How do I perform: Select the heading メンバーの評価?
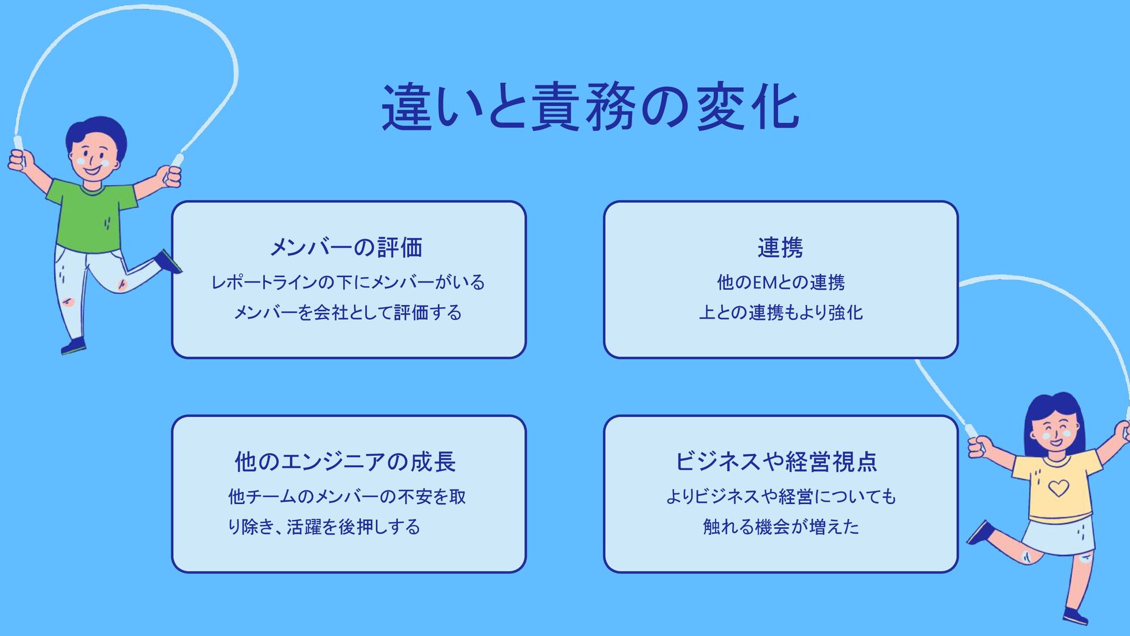(x=346, y=247)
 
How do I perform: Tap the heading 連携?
(x=780, y=247)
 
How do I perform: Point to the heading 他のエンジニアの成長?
(x=345, y=462)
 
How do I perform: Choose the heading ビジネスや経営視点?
(x=776, y=462)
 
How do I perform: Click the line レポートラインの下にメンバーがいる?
(x=348, y=283)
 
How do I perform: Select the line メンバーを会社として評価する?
(x=348, y=312)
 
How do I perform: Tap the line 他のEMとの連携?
(x=780, y=283)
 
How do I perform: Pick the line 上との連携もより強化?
(x=780, y=312)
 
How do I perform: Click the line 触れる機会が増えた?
(x=781, y=526)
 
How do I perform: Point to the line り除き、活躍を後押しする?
(x=324, y=526)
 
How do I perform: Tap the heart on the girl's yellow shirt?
(x=1058, y=488)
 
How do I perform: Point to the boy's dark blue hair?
(x=97, y=130)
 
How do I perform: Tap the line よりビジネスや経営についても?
(x=781, y=496)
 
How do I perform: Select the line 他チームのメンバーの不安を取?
(x=347, y=496)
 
